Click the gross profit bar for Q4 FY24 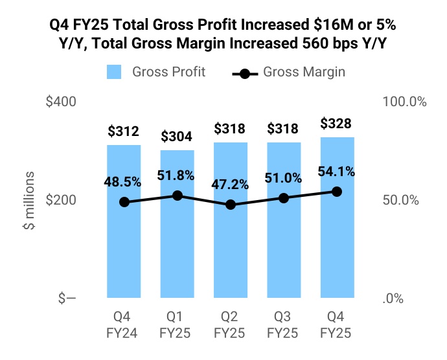pyautogui.click(x=124, y=246)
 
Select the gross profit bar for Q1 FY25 pyautogui.click(x=177, y=246)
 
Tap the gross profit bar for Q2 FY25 pyautogui.click(x=231, y=246)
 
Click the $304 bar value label pyautogui.click(x=177, y=137)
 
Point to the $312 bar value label pyautogui.click(x=124, y=132)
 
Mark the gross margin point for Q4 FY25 pyautogui.click(x=337, y=192)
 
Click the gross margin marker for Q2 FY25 pyautogui.click(x=231, y=205)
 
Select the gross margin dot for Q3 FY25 pyautogui.click(x=284, y=197)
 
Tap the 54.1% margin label pyautogui.click(x=337, y=172)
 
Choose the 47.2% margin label pyautogui.click(x=231, y=185)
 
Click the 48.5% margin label pyautogui.click(x=124, y=182)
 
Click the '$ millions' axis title pyautogui.click(x=29, y=201)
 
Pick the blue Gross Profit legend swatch pyautogui.click(x=115, y=71)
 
